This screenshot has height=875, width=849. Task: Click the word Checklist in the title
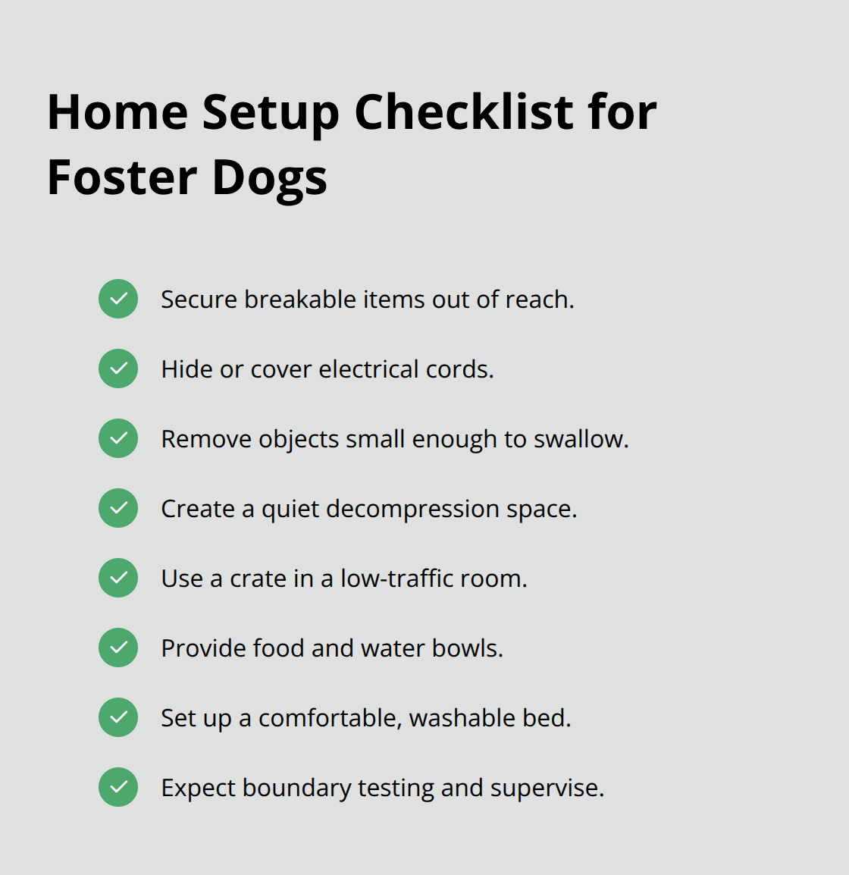[463, 112]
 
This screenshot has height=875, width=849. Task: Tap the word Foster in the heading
[122, 177]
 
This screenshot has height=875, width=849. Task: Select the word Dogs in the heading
[269, 179]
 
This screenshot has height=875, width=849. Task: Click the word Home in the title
[117, 112]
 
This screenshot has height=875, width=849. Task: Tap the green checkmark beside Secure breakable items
[118, 299]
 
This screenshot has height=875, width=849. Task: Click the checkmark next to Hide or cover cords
[118, 369]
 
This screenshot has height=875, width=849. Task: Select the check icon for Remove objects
[118, 438]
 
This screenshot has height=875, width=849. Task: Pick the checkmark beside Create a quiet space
[118, 508]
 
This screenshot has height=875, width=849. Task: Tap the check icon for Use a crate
[118, 578]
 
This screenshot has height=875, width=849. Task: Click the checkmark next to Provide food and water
[118, 648]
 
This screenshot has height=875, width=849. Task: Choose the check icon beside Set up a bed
[118, 717]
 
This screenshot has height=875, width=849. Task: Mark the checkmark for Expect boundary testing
[118, 787]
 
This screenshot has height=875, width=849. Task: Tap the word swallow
[581, 439]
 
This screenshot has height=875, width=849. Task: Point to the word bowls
[467, 648]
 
